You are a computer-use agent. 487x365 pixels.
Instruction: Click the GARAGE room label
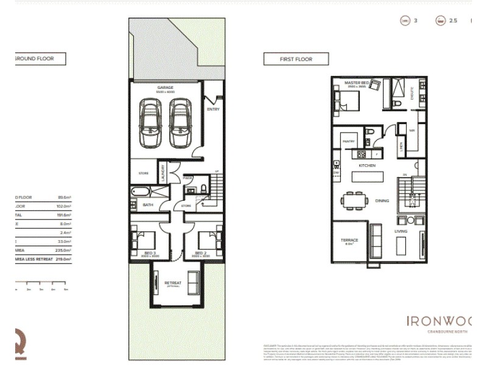pyautogui.click(x=166, y=87)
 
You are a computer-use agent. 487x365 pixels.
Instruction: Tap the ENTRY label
pyautogui.click(x=213, y=109)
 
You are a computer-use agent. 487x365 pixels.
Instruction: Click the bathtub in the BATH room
pyautogui.click(x=141, y=192)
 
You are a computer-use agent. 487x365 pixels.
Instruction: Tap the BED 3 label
pyautogui.click(x=142, y=252)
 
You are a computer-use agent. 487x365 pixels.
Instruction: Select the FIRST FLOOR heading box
pyautogui.click(x=296, y=59)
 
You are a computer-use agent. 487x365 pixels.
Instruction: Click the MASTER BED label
pyautogui.click(x=357, y=83)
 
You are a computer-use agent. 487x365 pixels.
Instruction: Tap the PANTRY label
pyautogui.click(x=349, y=141)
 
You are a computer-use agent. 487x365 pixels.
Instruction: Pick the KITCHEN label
pyautogui.click(x=367, y=165)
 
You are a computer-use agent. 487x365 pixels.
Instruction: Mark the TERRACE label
pyautogui.click(x=349, y=240)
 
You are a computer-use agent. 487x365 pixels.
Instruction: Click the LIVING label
pyautogui.click(x=401, y=231)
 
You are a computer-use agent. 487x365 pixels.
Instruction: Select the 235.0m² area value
pyautogui.click(x=61, y=249)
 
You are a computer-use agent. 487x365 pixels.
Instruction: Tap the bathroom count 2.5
pyautogui.click(x=453, y=21)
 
